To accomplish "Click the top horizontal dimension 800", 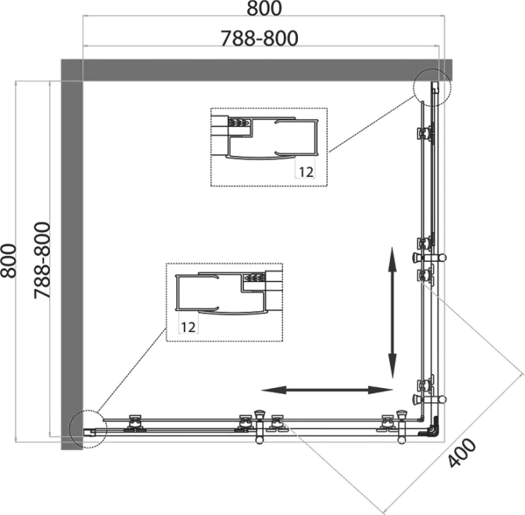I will [x=261, y=10].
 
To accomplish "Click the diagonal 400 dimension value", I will [x=462, y=452].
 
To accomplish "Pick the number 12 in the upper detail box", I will [x=305, y=171].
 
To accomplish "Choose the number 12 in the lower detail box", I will [x=187, y=326].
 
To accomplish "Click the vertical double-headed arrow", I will [x=391, y=313].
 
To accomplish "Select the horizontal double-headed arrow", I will [x=326, y=390].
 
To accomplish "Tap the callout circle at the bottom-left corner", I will [x=87, y=429].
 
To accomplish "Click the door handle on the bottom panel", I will [x=260, y=425].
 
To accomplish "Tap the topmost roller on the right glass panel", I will [x=424, y=134].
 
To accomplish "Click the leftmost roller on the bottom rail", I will [x=136, y=422].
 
